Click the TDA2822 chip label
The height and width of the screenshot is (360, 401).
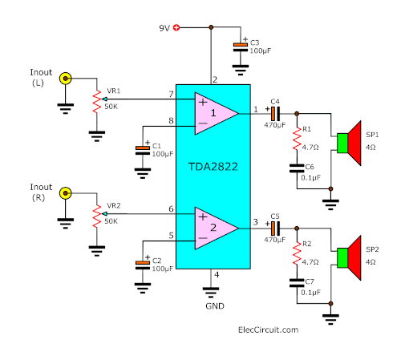(213, 167)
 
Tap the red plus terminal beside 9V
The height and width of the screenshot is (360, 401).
(176, 27)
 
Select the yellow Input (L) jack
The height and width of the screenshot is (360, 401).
(66, 79)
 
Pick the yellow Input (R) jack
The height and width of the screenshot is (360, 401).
(66, 193)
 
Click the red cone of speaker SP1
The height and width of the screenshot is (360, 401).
(354, 144)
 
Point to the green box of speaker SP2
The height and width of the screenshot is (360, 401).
(342, 258)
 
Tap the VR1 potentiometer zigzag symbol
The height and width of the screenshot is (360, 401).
(97, 102)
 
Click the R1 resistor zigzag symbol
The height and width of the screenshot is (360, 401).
(297, 139)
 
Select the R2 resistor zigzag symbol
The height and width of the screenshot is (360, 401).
(297, 253)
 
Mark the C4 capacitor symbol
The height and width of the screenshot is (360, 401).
(275, 114)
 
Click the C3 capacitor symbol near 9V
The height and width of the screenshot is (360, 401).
(241, 47)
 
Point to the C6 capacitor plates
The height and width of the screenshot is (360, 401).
(297, 168)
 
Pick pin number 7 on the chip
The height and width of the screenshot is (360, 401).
(171, 94)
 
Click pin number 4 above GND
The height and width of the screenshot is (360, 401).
(217, 274)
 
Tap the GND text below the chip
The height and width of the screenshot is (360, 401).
(215, 306)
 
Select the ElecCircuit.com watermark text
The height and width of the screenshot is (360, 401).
(268, 330)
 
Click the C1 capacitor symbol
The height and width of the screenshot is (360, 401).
(143, 151)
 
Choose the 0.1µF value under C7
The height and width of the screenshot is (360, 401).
(310, 293)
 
